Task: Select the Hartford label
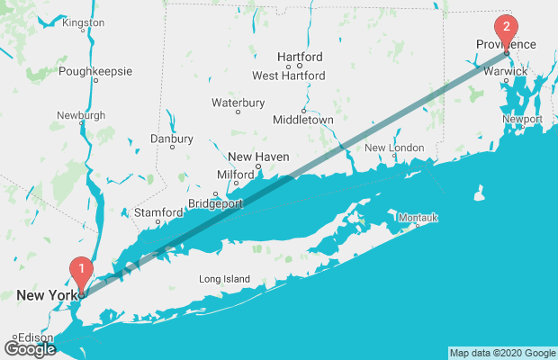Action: pos(300,56)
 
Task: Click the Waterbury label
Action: pos(238,103)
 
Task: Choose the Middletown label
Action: pos(303,119)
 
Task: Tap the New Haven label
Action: pos(258,157)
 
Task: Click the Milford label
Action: pos(236,175)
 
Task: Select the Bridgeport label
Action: pos(216,204)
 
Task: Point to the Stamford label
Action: pos(157,212)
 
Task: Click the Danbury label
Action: pos(171,139)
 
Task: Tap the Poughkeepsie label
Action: pos(95,71)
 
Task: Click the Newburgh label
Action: pos(81,115)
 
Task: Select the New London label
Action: pos(394,148)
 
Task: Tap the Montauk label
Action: pos(418,218)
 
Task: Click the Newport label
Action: pos(522,119)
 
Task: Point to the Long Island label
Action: pos(224,279)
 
